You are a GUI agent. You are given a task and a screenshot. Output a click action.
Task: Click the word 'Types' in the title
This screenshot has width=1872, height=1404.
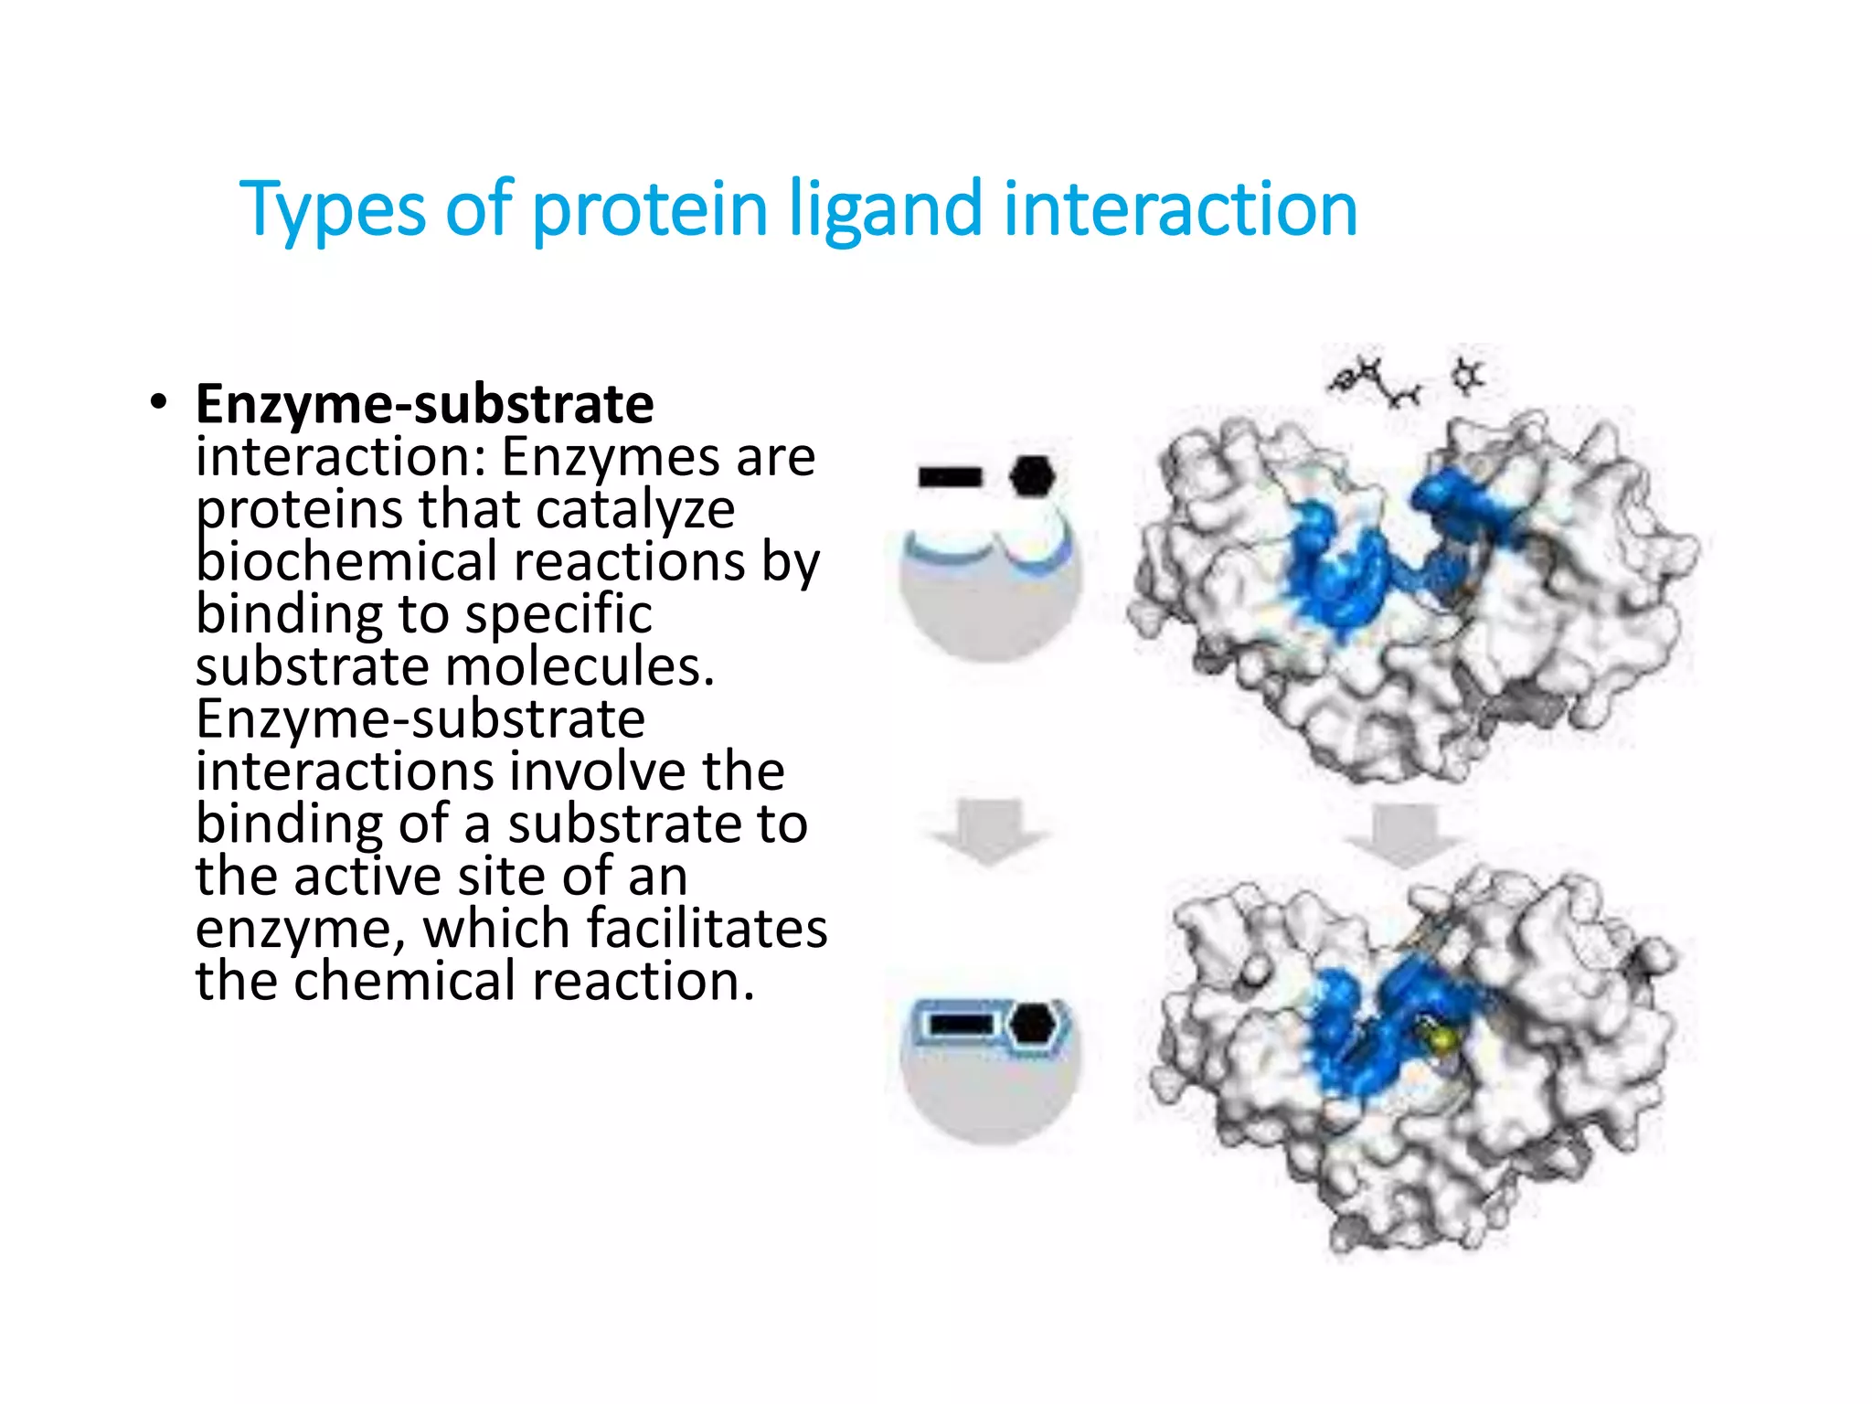(332, 209)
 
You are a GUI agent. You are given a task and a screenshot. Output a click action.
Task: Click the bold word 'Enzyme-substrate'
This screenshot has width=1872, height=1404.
(425, 404)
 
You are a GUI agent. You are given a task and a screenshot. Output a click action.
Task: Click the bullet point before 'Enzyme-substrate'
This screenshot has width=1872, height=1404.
(159, 403)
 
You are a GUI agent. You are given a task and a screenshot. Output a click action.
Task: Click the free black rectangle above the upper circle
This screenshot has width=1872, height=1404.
(951, 476)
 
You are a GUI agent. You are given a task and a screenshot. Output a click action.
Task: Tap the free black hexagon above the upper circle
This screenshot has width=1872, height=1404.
(1032, 476)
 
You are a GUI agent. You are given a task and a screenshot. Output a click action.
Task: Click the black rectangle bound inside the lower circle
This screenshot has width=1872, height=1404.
(962, 1024)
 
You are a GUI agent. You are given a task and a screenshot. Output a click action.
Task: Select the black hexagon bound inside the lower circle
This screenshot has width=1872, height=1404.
(1035, 1024)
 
